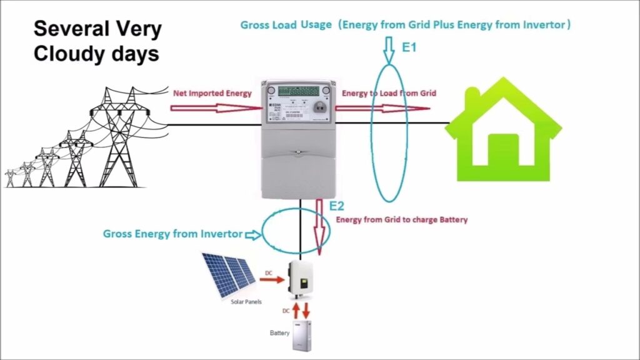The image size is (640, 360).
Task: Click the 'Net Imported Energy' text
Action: tap(212, 93)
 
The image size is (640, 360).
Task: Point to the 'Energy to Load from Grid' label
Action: tap(389, 93)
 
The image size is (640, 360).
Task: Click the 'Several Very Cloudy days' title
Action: tap(97, 41)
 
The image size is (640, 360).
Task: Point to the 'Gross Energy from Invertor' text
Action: tap(172, 234)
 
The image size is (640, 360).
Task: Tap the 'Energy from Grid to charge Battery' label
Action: tap(402, 220)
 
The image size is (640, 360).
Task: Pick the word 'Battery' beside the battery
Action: tap(279, 332)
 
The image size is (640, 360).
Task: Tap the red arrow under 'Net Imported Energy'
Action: tap(216, 107)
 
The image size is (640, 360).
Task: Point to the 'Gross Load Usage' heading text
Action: tap(288, 25)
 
